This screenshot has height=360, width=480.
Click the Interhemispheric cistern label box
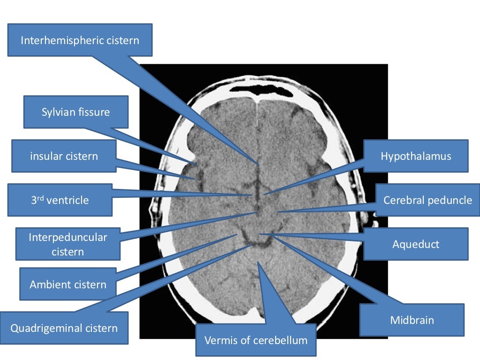(x=80, y=40)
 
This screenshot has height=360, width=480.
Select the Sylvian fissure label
(x=75, y=112)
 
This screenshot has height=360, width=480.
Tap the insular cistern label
(x=64, y=156)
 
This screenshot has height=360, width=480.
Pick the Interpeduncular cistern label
(x=67, y=244)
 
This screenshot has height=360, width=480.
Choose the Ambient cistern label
(x=67, y=284)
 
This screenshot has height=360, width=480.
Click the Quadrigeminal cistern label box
(x=64, y=328)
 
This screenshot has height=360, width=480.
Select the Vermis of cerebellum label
(x=256, y=340)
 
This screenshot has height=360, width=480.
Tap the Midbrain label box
(x=412, y=321)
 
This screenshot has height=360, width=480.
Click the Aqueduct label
(x=415, y=244)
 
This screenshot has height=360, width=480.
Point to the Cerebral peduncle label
(x=427, y=200)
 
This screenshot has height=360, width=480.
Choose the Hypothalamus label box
(x=415, y=156)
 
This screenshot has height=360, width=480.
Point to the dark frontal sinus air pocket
(x=255, y=88)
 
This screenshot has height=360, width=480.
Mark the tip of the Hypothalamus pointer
(x=264, y=194)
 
